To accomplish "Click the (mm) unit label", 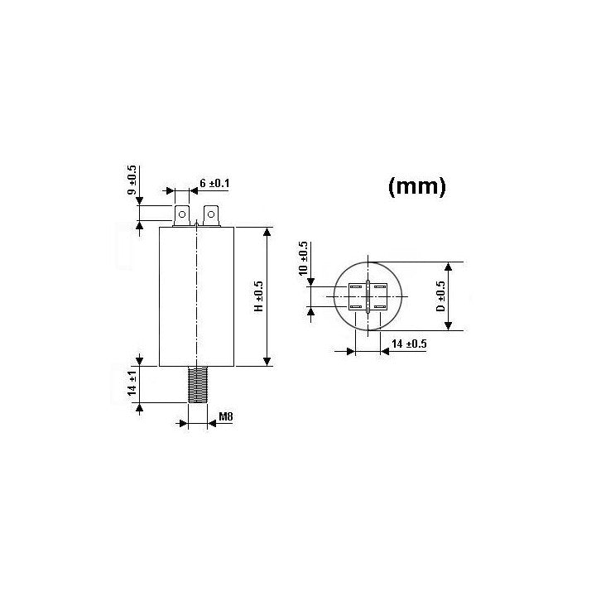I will (417, 187).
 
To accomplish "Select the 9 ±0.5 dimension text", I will (132, 180).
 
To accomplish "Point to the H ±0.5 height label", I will (257, 296).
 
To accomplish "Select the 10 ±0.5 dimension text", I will (304, 260).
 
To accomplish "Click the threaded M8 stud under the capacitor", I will (197, 385).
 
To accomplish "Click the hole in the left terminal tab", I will (181, 216).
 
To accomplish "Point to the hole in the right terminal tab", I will (212, 216).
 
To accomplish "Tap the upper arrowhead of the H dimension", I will (267, 231).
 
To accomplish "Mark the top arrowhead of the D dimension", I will (448, 267).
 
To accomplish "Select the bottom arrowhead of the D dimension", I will (448, 324).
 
